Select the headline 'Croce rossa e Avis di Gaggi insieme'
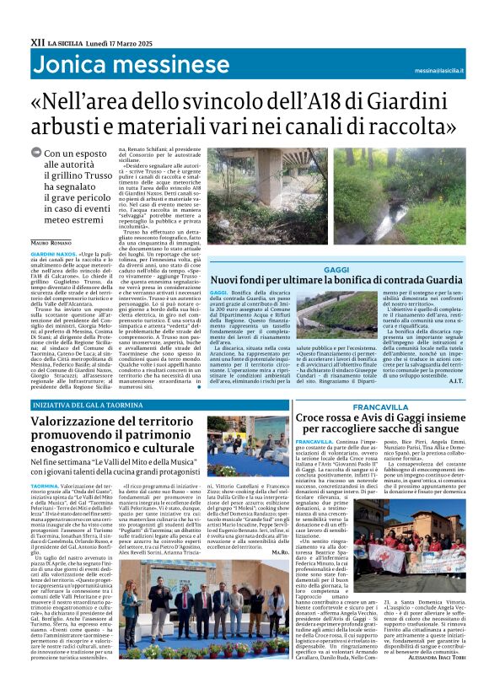390,417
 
